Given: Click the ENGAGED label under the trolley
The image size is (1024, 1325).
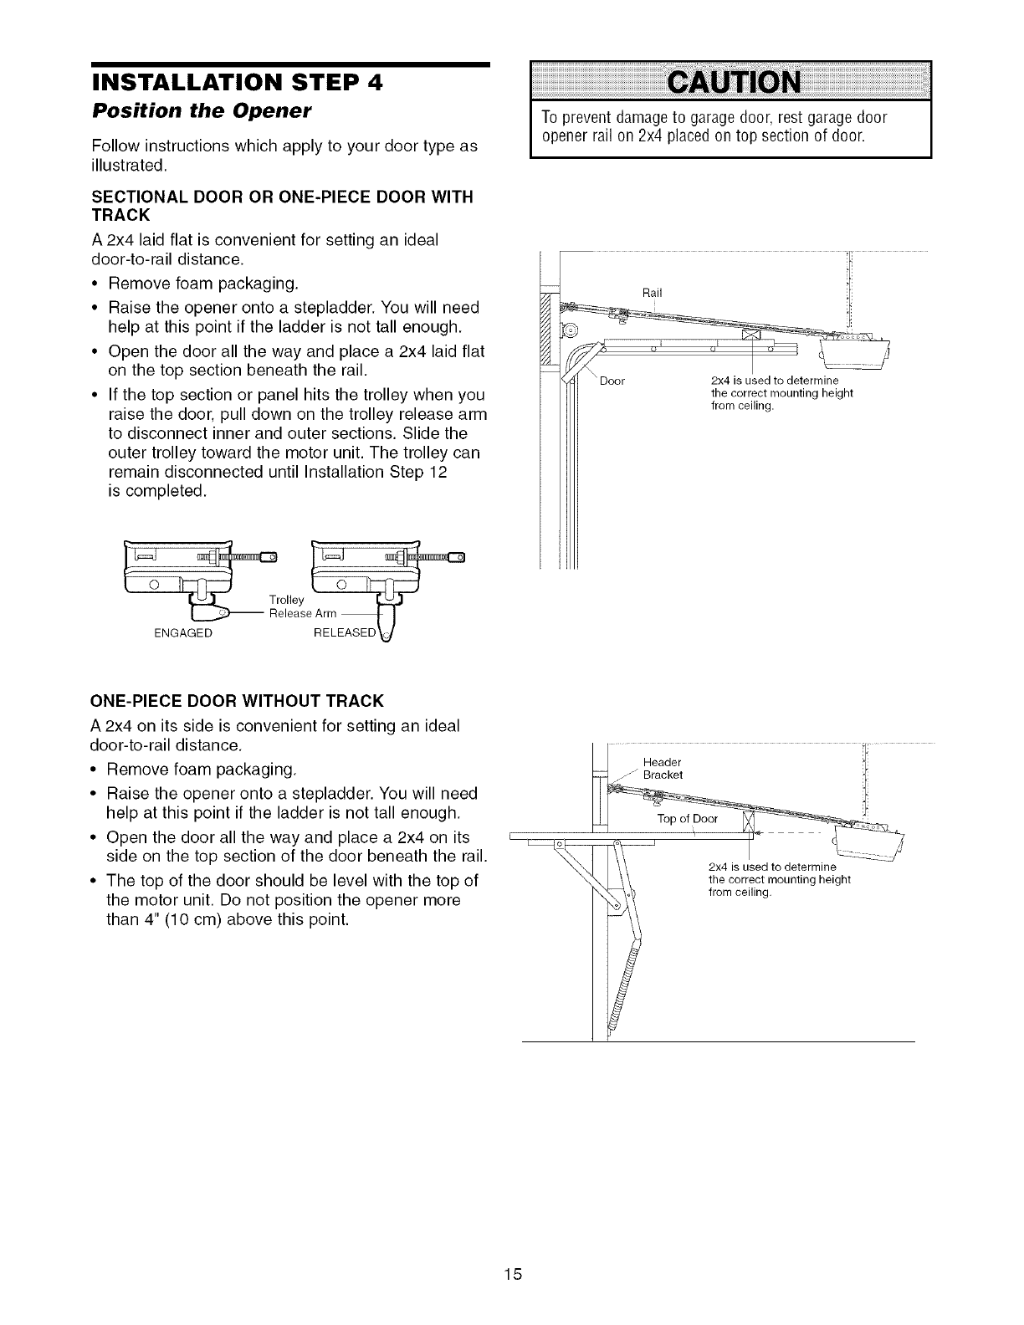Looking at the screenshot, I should (x=183, y=633).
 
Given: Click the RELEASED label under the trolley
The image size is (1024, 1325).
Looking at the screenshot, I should (x=346, y=633).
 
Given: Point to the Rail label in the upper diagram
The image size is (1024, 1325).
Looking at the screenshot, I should (x=652, y=292).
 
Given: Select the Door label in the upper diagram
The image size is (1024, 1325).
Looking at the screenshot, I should (x=612, y=382).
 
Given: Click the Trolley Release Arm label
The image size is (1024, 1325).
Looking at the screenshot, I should (x=302, y=606).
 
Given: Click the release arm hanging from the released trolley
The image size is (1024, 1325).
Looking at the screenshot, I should (x=388, y=623).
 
